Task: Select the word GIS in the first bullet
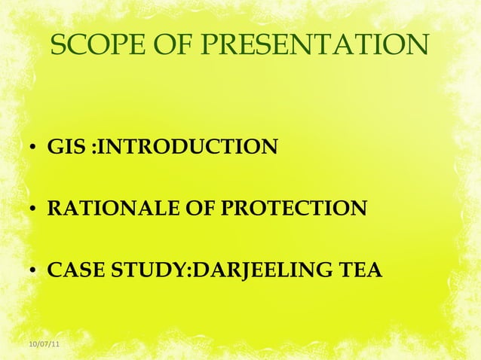pos(66,145)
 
